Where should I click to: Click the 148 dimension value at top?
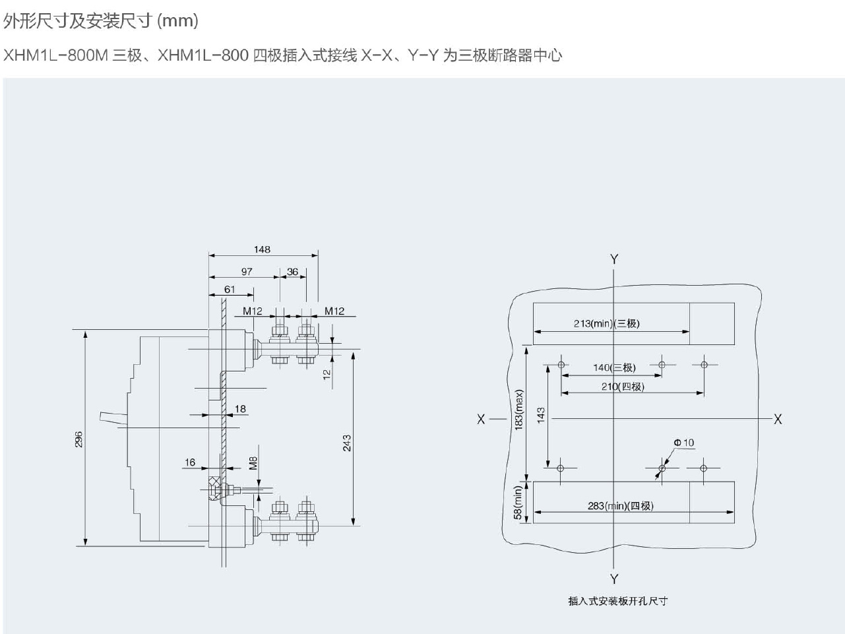pyautogui.click(x=262, y=249)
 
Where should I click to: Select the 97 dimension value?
pyautogui.click(x=247, y=271)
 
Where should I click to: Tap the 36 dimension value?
pyautogui.click(x=292, y=271)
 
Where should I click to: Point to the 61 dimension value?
pyautogui.click(x=230, y=289)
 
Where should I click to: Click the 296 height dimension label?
pyautogui.click(x=78, y=439)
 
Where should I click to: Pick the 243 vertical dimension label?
pyautogui.click(x=346, y=443)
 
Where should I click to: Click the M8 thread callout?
pyautogui.click(x=253, y=462)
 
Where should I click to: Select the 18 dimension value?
pyautogui.click(x=240, y=409)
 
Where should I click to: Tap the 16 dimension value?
pyautogui.click(x=190, y=462)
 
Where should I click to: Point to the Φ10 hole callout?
pyautogui.click(x=684, y=443)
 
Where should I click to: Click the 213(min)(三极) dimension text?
pyautogui.click(x=606, y=323)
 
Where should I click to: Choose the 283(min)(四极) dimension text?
pyautogui.click(x=620, y=505)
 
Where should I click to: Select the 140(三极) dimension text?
pyautogui.click(x=614, y=367)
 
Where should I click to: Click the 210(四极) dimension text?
pyautogui.click(x=622, y=387)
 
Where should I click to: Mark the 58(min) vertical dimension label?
pyautogui.click(x=518, y=502)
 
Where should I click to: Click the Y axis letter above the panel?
pyautogui.click(x=614, y=259)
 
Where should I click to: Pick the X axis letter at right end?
pyautogui.click(x=778, y=419)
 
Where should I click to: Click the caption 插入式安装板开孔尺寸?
pyautogui.click(x=617, y=601)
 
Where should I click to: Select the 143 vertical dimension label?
pyautogui.click(x=541, y=415)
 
